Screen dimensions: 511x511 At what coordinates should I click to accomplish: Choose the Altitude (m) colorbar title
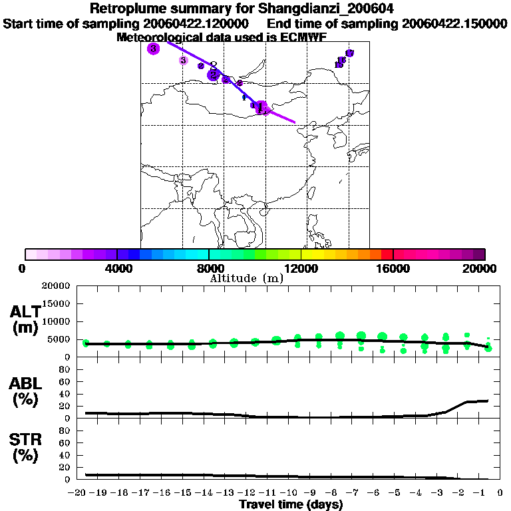[246, 278]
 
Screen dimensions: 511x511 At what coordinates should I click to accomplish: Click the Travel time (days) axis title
[291, 505]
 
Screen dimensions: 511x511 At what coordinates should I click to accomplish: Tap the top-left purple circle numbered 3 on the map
[154, 49]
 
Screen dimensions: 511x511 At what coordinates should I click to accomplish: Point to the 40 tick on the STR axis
[66, 455]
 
